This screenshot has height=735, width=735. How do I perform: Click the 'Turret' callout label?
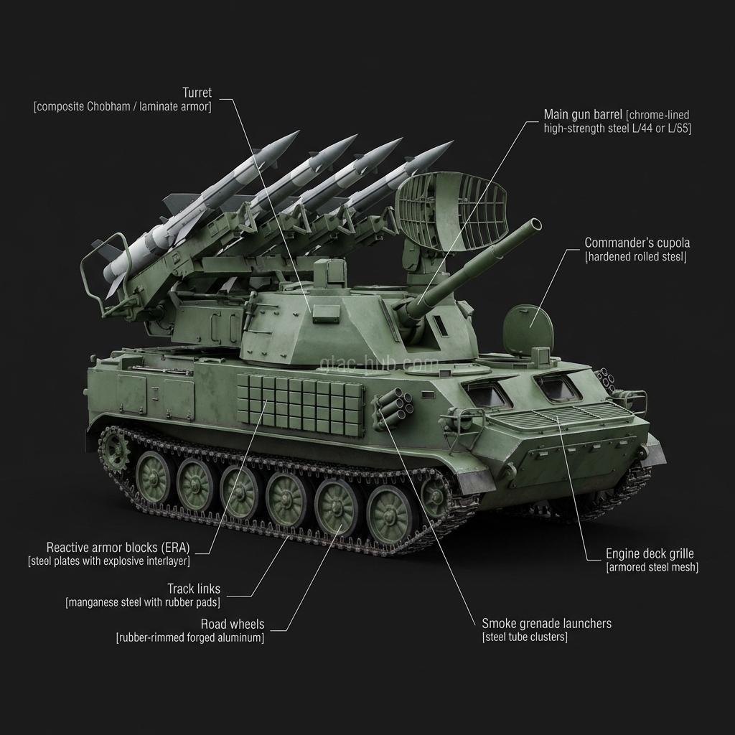point(197,93)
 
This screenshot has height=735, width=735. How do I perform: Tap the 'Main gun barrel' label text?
point(583,115)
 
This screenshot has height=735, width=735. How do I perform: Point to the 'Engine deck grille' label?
point(650,553)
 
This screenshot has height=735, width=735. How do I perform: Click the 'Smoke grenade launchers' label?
point(546,623)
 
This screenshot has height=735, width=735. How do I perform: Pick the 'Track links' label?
point(194,589)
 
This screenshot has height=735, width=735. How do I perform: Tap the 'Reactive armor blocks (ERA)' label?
point(119,547)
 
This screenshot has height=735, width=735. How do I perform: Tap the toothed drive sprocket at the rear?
point(114,449)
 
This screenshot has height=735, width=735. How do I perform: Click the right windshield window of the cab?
point(558,388)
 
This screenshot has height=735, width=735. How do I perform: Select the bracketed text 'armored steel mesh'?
point(652,567)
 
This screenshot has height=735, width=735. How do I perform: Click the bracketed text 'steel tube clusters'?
point(525,637)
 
